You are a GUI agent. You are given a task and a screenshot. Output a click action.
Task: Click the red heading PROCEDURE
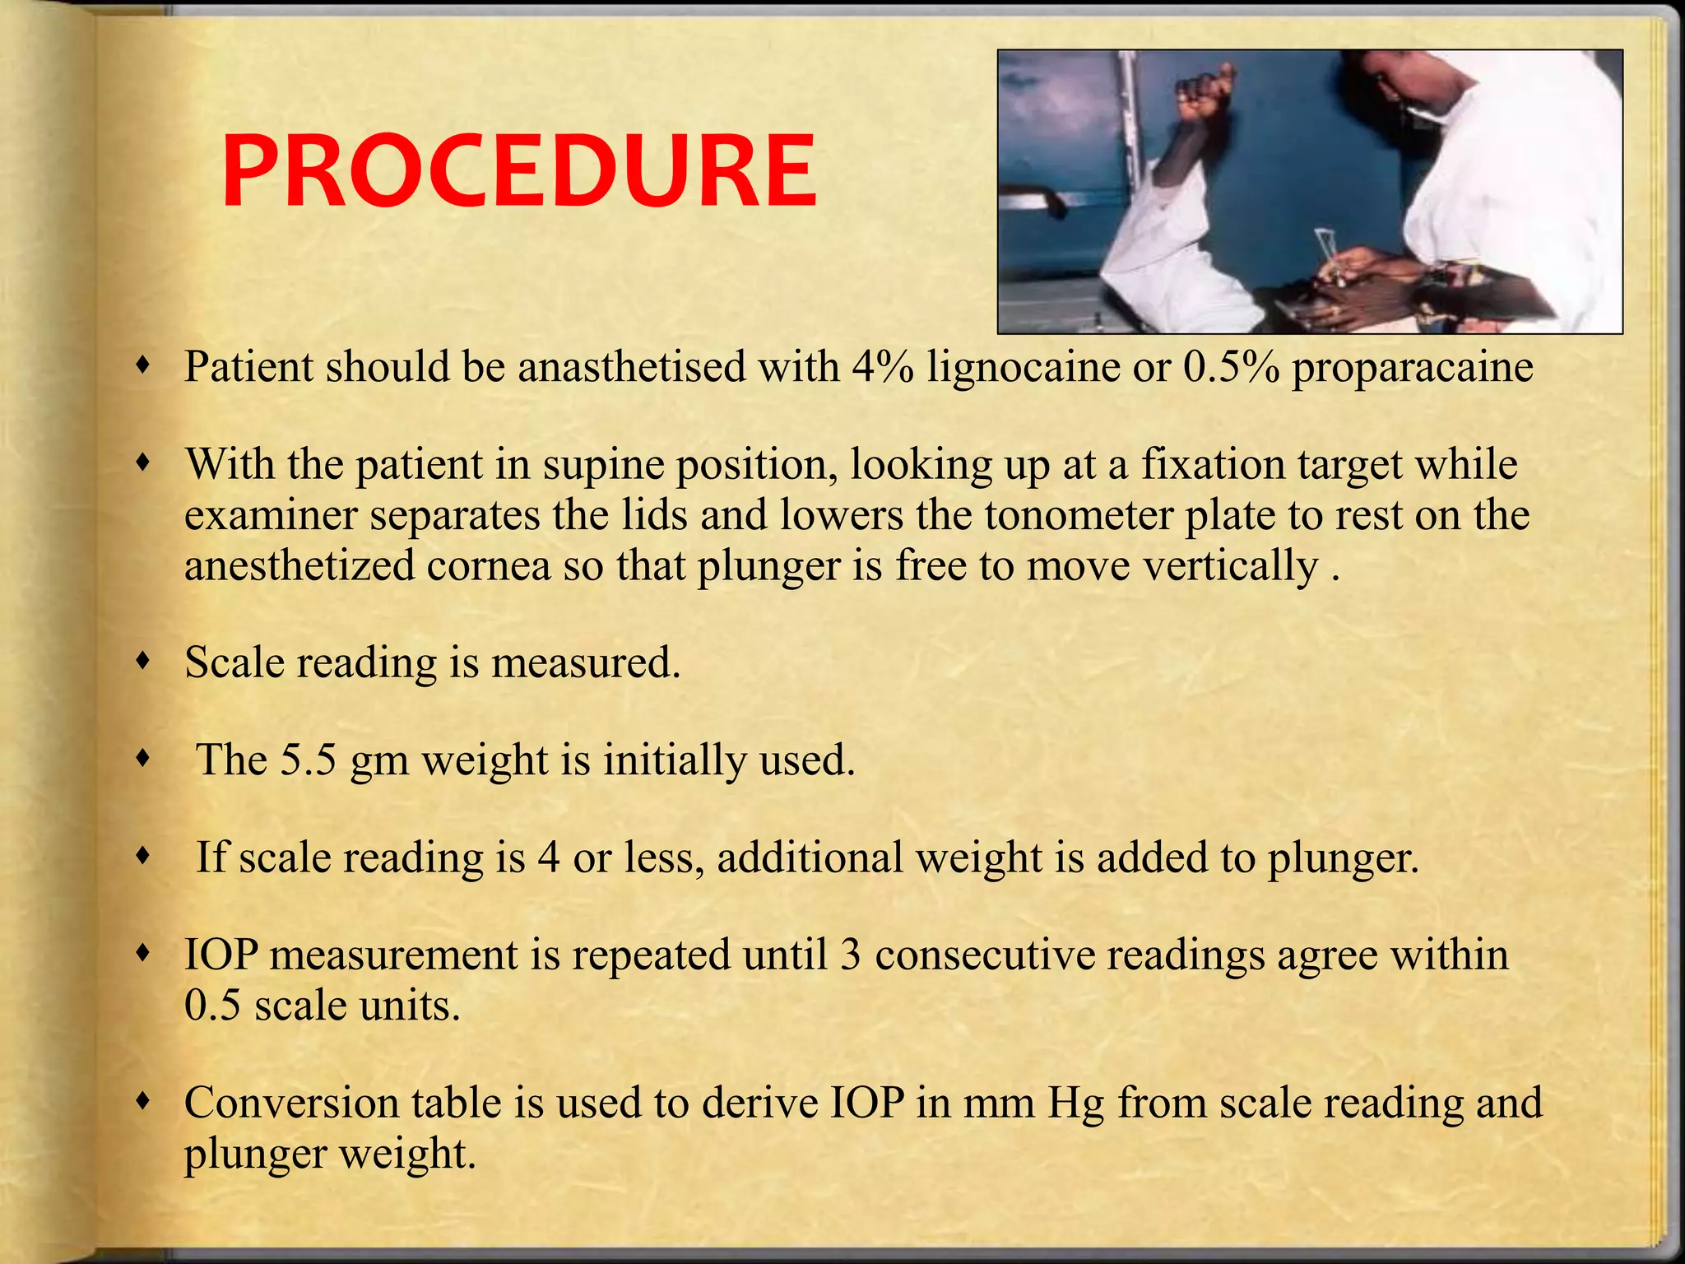519,174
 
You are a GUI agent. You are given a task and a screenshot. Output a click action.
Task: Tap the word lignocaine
1023,366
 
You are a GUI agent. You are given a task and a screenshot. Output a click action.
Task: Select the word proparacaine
1412,368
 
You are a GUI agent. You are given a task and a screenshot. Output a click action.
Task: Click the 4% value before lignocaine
882,366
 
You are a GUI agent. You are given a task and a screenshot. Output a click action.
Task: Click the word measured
586,662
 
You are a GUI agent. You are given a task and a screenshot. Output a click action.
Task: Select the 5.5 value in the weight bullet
309,760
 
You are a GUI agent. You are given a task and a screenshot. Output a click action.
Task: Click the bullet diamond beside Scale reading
144,660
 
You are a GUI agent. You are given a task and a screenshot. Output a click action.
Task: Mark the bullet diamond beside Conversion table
144,1100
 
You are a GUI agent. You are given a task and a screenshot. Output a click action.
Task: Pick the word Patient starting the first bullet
248,366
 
